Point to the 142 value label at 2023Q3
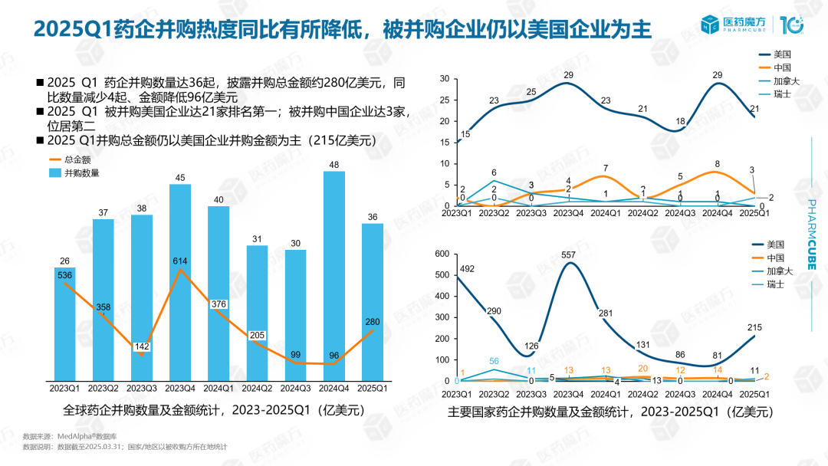pyautogui.click(x=142, y=346)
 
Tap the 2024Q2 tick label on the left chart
pyautogui.click(x=257, y=387)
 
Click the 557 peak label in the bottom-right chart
pyautogui.click(x=568, y=254)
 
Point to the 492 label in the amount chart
pyautogui.click(x=468, y=268)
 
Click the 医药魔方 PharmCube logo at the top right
pyautogui.click(x=751, y=25)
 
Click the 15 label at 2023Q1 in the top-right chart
pyautogui.click(x=465, y=134)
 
